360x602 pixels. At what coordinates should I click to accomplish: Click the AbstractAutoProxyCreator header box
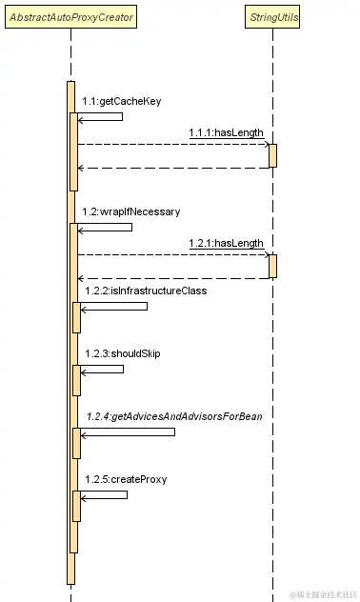(71, 17)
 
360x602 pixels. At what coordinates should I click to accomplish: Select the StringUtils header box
(272, 17)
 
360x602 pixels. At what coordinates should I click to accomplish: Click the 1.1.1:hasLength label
(226, 132)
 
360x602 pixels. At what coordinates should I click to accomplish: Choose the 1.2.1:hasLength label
(226, 243)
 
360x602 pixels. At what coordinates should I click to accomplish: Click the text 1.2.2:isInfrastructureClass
(145, 290)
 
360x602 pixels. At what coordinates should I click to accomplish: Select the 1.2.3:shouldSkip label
(122, 353)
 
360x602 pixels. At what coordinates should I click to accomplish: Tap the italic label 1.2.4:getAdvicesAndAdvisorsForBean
(173, 416)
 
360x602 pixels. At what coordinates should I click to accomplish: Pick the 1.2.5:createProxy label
(126, 479)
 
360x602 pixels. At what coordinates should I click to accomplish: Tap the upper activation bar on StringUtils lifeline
(272, 155)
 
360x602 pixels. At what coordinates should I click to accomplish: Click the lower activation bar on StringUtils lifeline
(272, 266)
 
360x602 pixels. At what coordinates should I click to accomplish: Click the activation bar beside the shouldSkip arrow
(76, 380)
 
